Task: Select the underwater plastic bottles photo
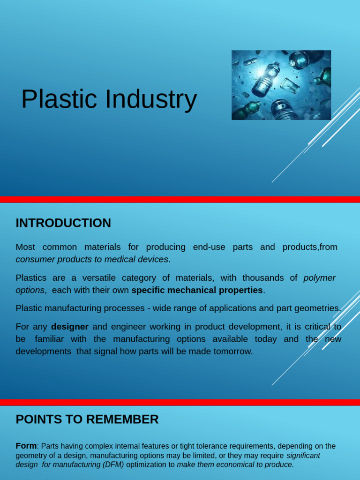click(x=281, y=85)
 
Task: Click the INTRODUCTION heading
click(x=63, y=223)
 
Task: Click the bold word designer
click(x=70, y=327)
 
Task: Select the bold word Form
click(x=26, y=446)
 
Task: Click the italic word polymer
click(x=320, y=278)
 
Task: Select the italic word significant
click(x=303, y=455)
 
